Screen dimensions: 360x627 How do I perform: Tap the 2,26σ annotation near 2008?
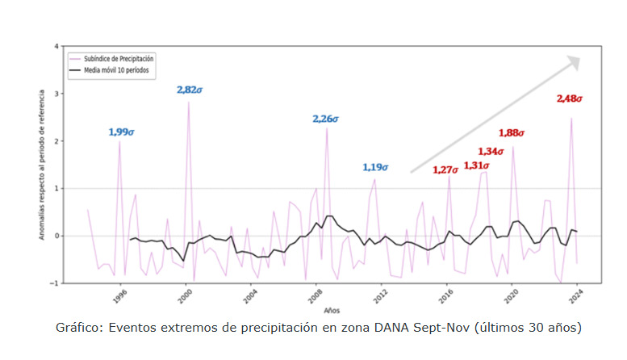326,119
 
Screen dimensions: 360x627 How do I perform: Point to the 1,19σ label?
375,168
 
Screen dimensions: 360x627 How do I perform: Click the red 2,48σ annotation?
570,98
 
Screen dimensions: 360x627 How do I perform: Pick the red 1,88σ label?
512,132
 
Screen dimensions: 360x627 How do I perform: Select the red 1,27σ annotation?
445,170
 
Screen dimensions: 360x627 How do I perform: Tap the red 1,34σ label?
491,151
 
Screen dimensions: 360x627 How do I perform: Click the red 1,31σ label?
477,165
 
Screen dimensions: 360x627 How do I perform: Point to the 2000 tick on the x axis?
186,296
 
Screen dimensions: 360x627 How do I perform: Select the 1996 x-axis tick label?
119,296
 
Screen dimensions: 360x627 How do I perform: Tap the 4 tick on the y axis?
56,46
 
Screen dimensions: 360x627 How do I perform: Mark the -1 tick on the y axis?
55,283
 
